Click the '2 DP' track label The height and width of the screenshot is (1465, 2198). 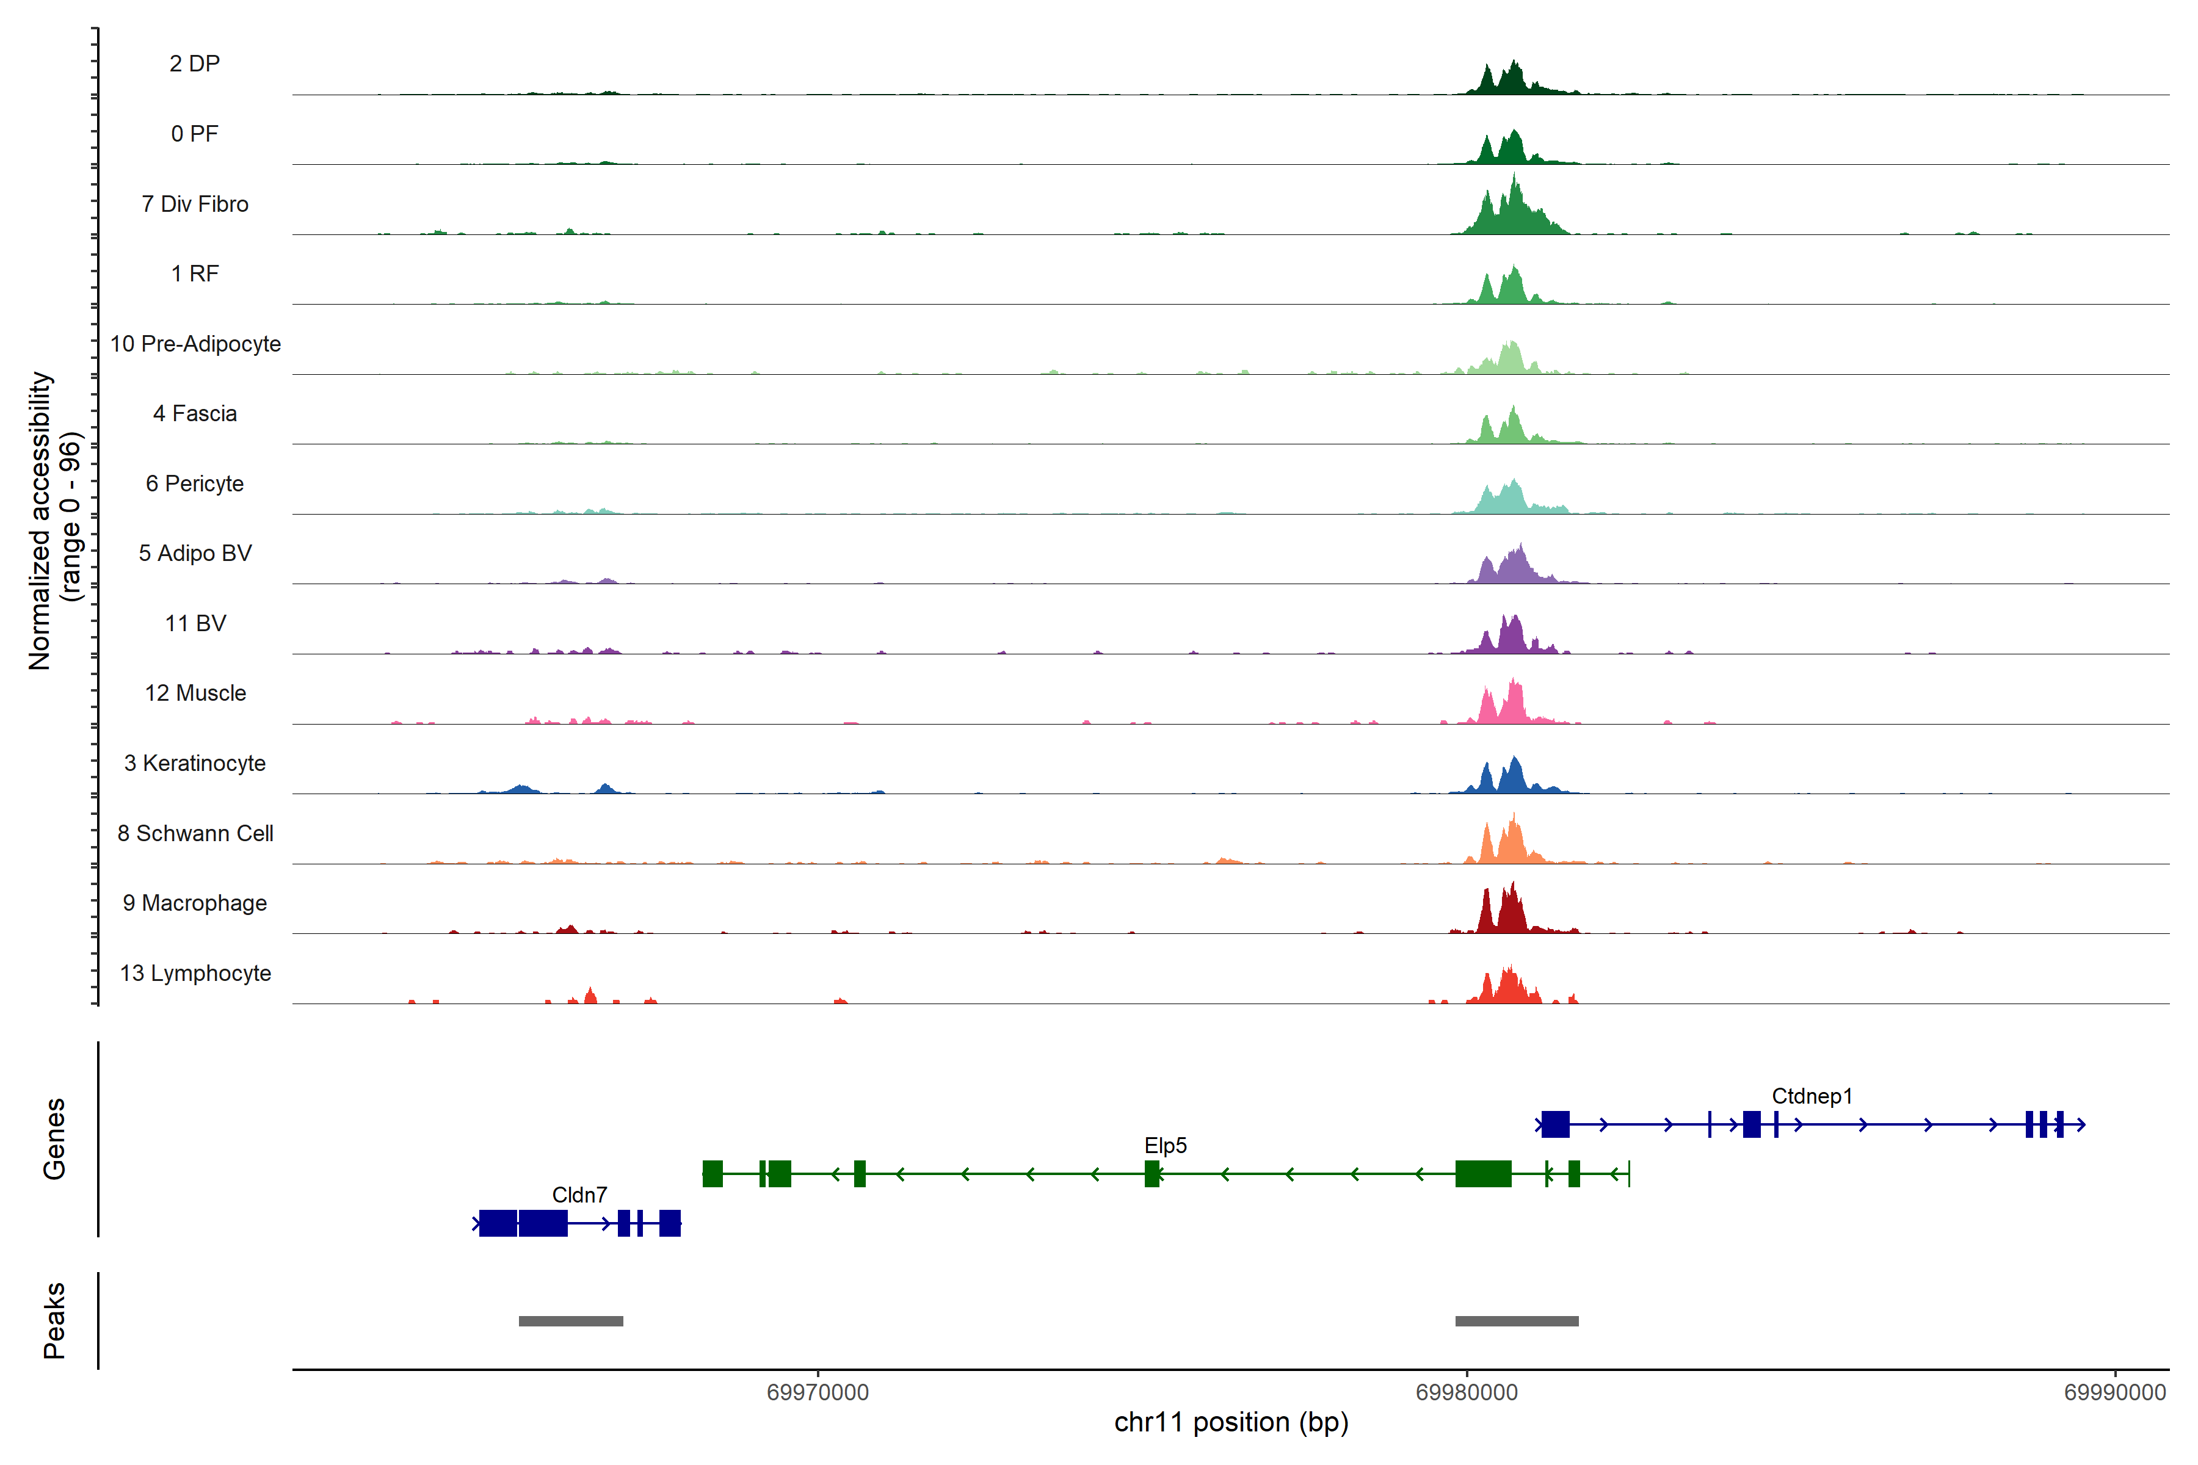pos(194,63)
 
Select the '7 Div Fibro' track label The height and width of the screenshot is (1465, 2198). pos(194,204)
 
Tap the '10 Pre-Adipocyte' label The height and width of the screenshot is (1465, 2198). pos(195,344)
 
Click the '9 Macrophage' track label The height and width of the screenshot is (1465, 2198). pos(194,903)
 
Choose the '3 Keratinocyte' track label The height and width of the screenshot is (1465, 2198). pos(194,764)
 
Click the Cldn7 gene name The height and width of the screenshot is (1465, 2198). pos(579,1195)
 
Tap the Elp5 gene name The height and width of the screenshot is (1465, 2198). pos(1166,1146)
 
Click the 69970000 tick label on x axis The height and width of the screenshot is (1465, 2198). pos(818,1392)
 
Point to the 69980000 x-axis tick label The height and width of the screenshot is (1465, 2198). pos(1467,1392)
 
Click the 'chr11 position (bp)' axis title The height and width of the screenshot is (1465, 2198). pos(1231,1422)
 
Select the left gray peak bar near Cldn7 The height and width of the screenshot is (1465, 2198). pos(571,1321)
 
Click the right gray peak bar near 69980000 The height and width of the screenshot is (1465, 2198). pos(1517,1321)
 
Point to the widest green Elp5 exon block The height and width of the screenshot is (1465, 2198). pos(1483,1173)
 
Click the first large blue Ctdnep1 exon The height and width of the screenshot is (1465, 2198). pos(1555,1124)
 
